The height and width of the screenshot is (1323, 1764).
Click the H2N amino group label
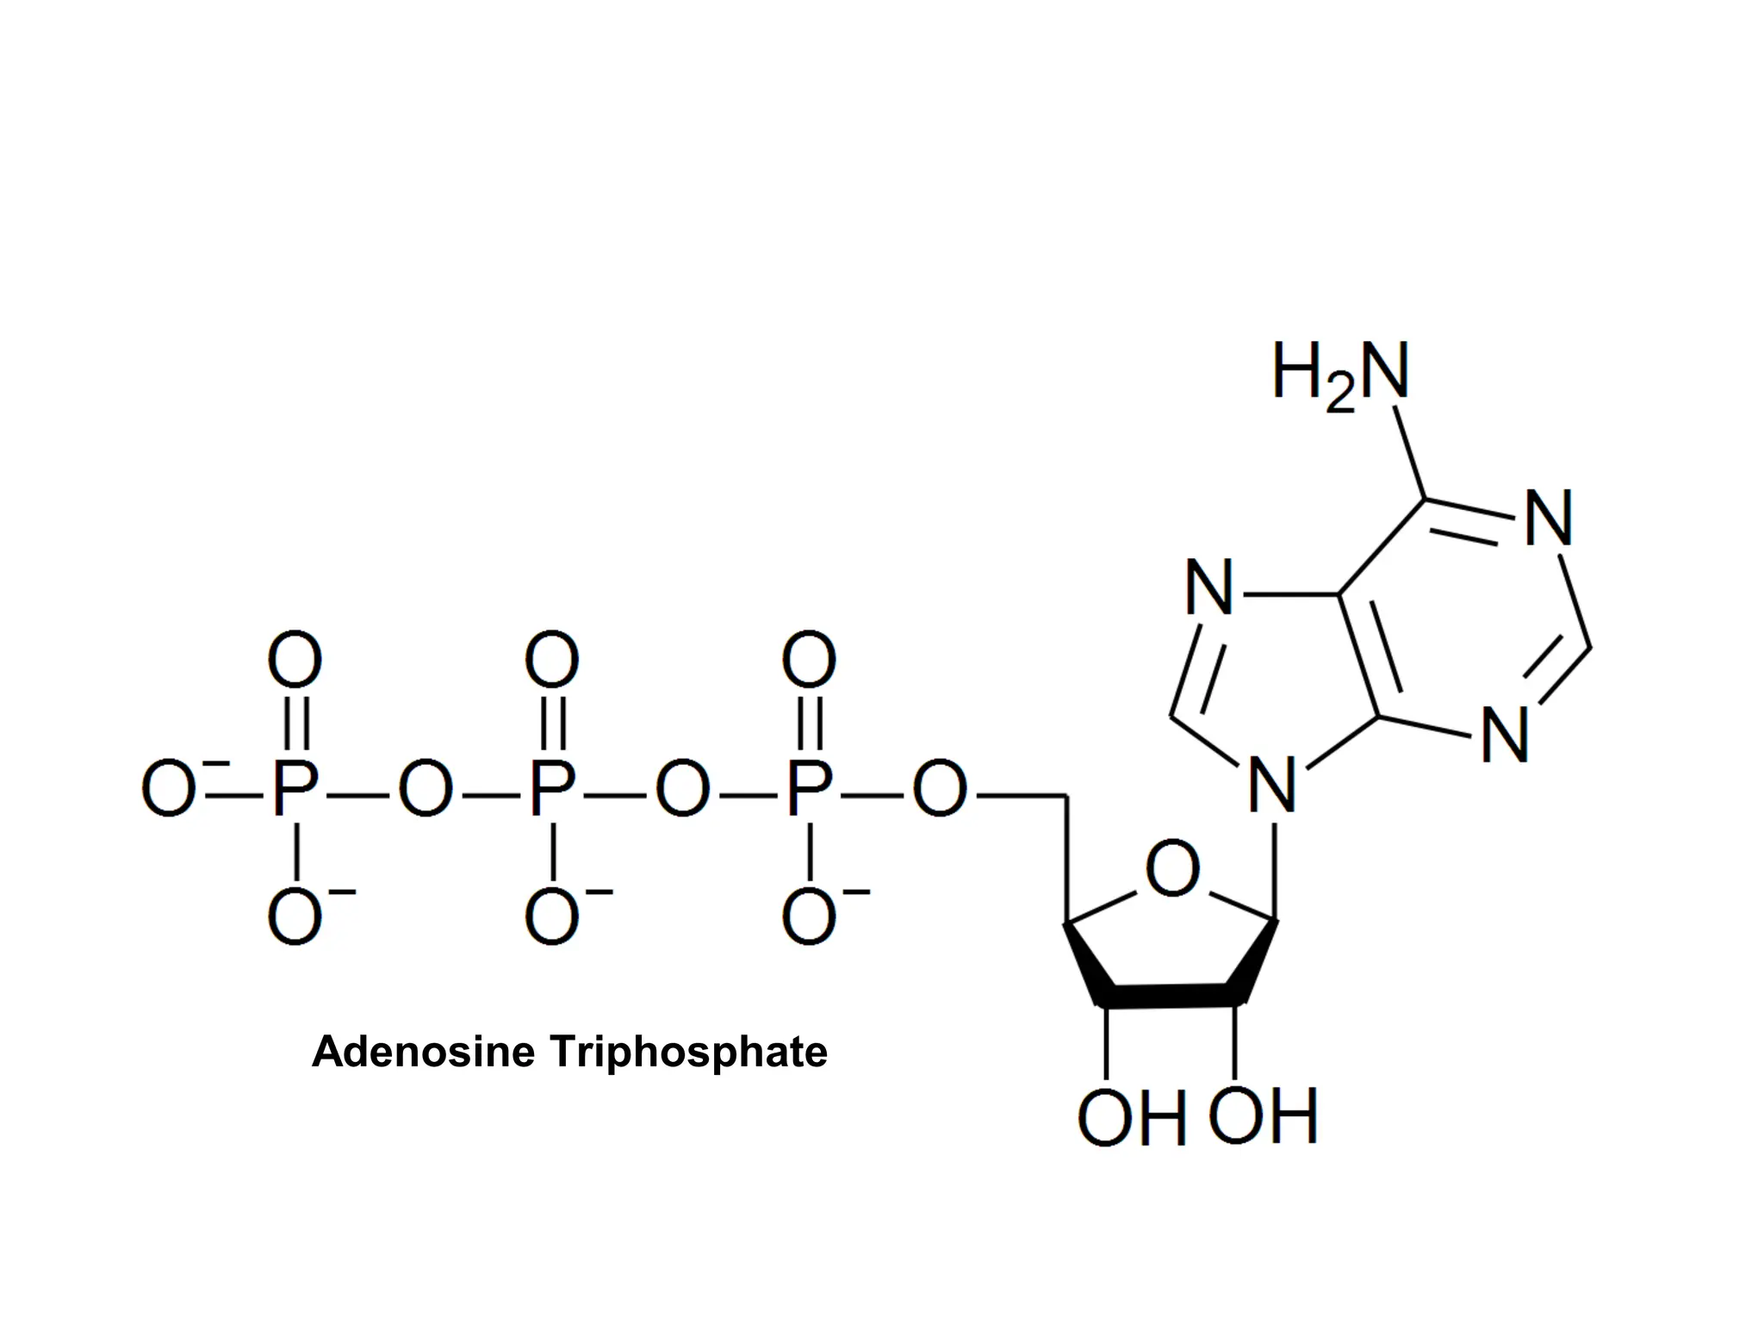pos(1340,374)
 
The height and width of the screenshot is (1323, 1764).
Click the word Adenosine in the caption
pos(423,1052)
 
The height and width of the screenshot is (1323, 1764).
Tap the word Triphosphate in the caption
pos(688,1052)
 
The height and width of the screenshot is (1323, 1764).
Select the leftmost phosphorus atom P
pos(295,789)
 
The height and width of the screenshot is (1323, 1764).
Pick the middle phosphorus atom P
pos(551,789)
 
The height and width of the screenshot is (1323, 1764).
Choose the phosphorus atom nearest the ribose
pos(809,789)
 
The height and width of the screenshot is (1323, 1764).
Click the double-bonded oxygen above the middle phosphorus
pos(552,660)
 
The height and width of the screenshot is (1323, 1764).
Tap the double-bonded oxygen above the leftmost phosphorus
pos(295,660)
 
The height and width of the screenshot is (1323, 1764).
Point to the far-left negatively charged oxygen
pos(169,789)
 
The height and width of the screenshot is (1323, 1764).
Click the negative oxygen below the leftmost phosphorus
pos(295,918)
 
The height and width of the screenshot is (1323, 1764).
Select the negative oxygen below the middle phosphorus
pos(552,918)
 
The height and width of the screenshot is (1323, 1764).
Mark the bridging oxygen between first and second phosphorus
pos(425,789)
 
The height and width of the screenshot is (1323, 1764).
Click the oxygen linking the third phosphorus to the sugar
pos(939,789)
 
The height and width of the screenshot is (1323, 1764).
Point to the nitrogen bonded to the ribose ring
pos(1272,786)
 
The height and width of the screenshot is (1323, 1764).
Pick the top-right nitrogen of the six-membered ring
pos(1549,519)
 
